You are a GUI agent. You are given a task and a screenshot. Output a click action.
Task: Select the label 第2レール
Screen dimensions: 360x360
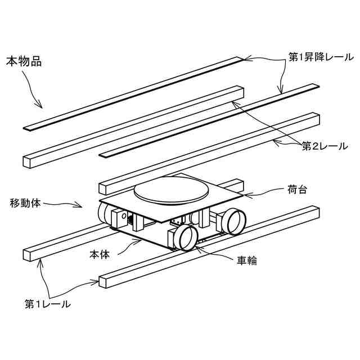tap(325, 146)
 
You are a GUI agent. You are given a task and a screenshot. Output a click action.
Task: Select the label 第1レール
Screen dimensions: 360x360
tap(48, 304)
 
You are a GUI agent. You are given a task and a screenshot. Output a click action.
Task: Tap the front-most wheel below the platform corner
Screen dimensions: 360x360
tap(184, 237)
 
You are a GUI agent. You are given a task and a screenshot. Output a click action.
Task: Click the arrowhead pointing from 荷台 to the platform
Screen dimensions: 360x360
tap(241, 195)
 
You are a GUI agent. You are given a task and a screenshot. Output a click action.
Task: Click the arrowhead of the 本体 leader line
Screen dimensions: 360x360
tap(141, 238)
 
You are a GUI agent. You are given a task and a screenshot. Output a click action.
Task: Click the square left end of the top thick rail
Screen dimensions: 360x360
tap(28, 162)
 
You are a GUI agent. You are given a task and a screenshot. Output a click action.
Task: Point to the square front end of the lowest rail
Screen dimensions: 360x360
tap(103, 282)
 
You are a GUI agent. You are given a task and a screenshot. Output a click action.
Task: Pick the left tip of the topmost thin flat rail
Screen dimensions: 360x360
tap(25, 129)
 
